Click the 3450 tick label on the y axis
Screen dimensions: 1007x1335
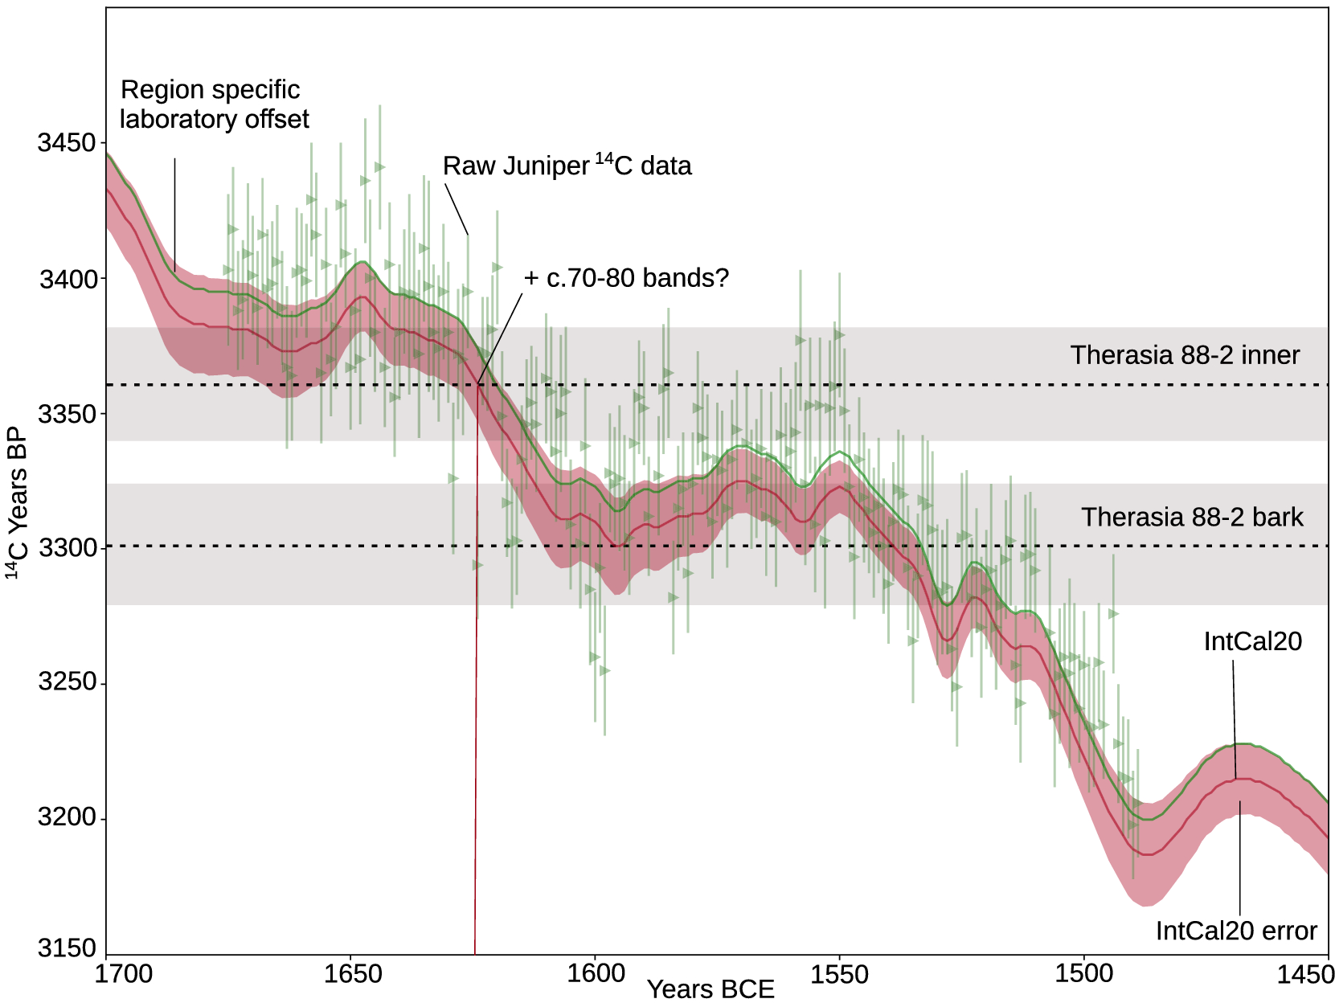click(x=66, y=143)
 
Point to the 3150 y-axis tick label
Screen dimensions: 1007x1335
click(x=66, y=948)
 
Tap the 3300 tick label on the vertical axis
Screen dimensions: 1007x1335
click(x=66, y=549)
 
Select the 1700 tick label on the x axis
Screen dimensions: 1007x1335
click(x=123, y=974)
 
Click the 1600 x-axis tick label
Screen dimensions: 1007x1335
click(x=596, y=973)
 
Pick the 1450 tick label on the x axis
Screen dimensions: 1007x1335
click(x=1304, y=974)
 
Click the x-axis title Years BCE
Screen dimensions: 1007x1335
click(x=710, y=989)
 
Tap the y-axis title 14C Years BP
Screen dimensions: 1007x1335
click(x=18, y=502)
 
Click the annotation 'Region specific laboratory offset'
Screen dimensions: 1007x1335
click(x=214, y=104)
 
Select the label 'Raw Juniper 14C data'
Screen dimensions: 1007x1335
click(x=567, y=166)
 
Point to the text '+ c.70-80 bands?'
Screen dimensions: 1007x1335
click(x=626, y=278)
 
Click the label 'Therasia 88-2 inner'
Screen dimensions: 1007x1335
click(x=1185, y=355)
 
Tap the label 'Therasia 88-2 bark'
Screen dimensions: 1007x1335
click(x=1192, y=517)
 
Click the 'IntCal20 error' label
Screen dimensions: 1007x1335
click(x=1236, y=931)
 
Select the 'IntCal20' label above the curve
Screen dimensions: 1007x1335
click(x=1252, y=641)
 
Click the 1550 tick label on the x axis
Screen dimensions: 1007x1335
click(x=840, y=974)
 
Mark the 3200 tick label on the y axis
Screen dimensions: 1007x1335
click(x=66, y=817)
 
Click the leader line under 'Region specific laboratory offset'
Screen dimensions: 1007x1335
click(x=175, y=213)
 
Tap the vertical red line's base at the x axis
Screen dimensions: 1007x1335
click(x=475, y=952)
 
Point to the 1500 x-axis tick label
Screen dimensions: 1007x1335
click(x=1083, y=974)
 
